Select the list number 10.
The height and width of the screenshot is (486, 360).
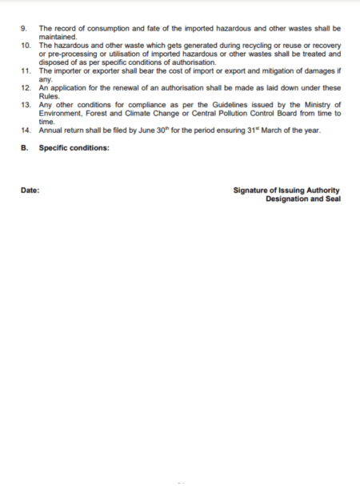point(26,45)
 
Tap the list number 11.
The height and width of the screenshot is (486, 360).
point(26,71)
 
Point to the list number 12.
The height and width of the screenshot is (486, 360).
point(26,87)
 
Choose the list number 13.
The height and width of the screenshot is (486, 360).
point(26,105)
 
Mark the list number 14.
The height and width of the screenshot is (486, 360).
point(26,130)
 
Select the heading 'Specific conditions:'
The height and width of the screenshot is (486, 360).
point(74,147)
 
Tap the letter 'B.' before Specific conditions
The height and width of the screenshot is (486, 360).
point(25,147)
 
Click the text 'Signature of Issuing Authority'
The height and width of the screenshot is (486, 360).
point(286,191)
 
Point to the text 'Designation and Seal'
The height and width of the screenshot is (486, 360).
point(302,199)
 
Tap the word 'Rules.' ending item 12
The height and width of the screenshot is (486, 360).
point(50,96)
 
